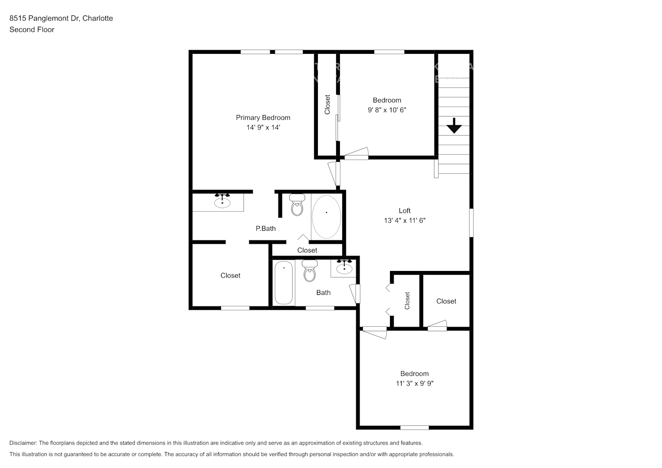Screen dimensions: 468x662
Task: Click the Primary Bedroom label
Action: (x=263, y=117)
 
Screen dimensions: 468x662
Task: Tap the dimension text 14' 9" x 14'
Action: (x=263, y=127)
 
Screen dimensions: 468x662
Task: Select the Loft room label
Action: (x=405, y=211)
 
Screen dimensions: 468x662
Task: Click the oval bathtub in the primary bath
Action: (x=326, y=217)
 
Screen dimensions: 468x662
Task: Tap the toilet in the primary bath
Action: (x=297, y=205)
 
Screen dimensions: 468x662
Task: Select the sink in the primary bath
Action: (x=222, y=202)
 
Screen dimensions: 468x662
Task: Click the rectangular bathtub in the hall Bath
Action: (x=284, y=283)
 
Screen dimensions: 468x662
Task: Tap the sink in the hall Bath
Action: (x=344, y=267)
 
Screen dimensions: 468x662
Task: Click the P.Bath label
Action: (x=265, y=228)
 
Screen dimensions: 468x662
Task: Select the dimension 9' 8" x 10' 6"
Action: (x=387, y=110)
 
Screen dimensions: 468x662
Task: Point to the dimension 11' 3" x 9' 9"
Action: (x=414, y=383)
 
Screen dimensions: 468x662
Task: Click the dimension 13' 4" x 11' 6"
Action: (x=405, y=220)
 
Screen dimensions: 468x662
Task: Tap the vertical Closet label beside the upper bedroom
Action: (x=327, y=104)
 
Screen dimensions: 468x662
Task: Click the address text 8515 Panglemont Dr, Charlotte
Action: (x=61, y=18)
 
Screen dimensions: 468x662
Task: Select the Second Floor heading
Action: (x=32, y=29)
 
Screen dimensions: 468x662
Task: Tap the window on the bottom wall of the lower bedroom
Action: (x=414, y=427)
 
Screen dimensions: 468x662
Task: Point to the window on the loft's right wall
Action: (x=471, y=223)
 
